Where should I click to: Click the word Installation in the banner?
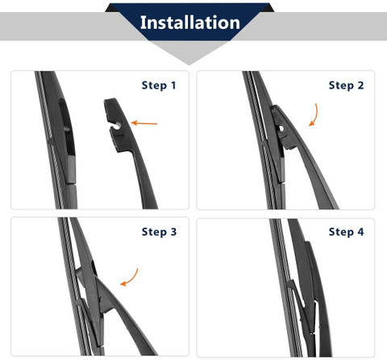pos(190,23)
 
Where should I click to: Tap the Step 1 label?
pos(159,85)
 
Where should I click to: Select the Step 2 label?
pos(346,85)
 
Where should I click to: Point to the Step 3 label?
pos(159,232)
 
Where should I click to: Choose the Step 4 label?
pos(346,232)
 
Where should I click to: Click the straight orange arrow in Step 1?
pos(144,123)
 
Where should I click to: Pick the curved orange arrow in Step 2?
pos(314,115)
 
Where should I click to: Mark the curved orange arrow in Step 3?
pos(131,278)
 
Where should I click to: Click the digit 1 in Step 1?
pos(173,85)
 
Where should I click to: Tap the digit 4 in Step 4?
pos(360,232)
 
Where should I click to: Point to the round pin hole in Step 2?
pos(281,129)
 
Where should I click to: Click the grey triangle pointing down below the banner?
pos(189,53)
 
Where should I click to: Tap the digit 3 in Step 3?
pos(173,232)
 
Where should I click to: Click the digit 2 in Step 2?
pos(360,85)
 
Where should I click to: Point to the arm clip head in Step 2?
pos(282,126)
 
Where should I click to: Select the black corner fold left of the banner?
pos(112,8)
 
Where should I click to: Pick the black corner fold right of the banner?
pos(268,8)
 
